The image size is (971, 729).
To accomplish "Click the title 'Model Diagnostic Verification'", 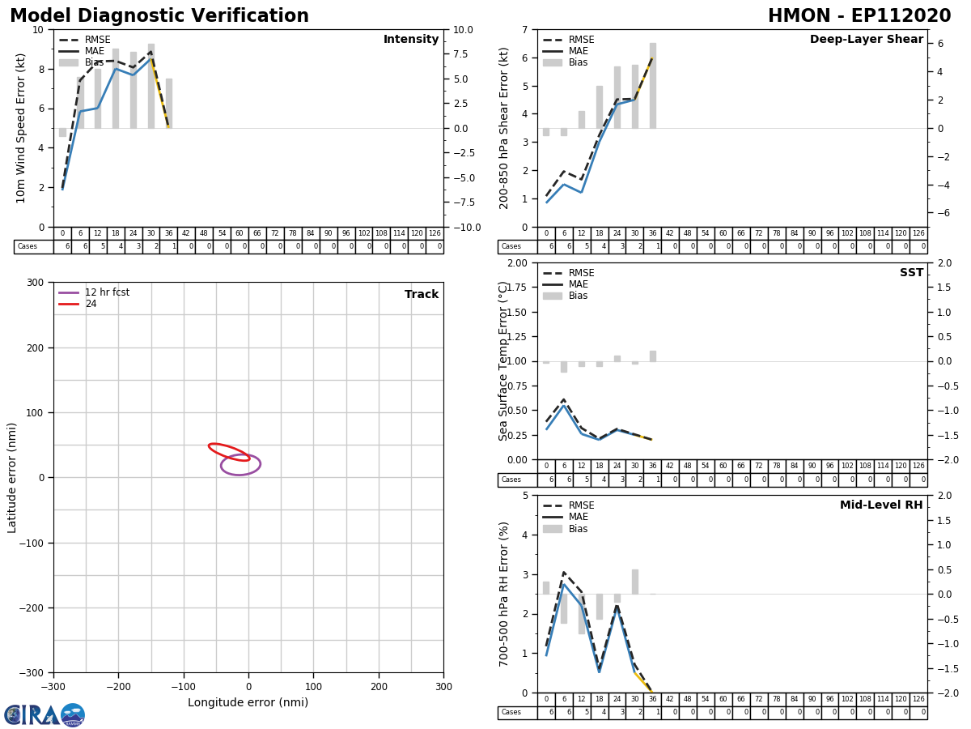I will [x=159, y=16].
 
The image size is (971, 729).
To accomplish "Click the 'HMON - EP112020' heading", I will [x=859, y=16].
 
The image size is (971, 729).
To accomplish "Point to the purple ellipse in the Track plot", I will [x=240, y=465].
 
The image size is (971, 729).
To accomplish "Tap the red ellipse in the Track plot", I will [x=229, y=452].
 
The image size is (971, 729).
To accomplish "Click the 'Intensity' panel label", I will [x=411, y=40].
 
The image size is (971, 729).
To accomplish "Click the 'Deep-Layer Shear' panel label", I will [x=866, y=40].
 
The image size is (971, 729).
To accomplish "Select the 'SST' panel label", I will [x=911, y=273].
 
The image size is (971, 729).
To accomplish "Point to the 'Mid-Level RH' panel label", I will [x=881, y=505].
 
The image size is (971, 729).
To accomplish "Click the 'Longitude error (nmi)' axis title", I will [x=248, y=702].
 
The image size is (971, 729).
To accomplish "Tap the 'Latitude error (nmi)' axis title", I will [x=13, y=477].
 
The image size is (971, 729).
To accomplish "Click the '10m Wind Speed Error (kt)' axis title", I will [x=21, y=128].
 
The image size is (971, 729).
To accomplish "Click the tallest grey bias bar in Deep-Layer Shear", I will [x=652, y=85].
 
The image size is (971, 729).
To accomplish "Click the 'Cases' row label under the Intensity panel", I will [x=28, y=247].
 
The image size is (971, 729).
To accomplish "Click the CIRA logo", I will [x=45, y=715].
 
